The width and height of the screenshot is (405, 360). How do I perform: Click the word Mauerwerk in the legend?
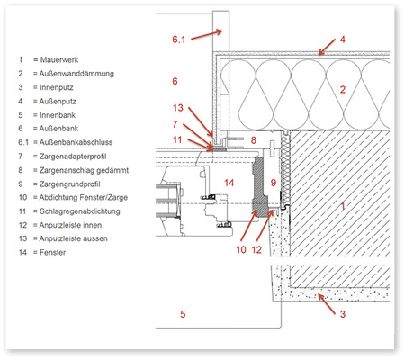click(x=59, y=59)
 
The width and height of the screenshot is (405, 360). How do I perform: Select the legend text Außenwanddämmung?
click(x=76, y=74)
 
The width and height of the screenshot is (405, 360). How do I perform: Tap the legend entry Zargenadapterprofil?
click(x=73, y=157)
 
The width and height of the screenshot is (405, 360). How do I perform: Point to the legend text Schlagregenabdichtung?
click(x=80, y=211)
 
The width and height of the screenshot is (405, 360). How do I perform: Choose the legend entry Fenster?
click(x=52, y=252)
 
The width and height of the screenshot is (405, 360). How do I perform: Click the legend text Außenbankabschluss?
click(x=76, y=142)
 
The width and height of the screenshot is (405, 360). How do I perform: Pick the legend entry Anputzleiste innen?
click(x=70, y=225)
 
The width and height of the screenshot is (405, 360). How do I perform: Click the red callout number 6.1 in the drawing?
click(x=178, y=40)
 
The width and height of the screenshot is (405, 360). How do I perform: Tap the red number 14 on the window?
click(x=229, y=183)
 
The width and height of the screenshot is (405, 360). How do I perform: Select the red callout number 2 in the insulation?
click(x=343, y=89)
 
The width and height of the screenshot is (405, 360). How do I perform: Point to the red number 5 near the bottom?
click(x=183, y=314)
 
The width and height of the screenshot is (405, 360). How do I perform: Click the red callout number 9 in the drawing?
click(x=274, y=183)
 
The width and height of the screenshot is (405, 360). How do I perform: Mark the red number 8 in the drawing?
click(x=254, y=139)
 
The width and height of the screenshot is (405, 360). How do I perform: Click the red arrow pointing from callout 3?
click(x=327, y=304)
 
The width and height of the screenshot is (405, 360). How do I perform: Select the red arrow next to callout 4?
click(x=327, y=47)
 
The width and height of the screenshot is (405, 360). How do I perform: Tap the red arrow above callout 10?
click(x=248, y=227)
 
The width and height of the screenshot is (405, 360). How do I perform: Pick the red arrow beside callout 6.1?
click(x=207, y=34)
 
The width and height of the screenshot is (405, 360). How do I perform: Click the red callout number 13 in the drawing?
click(x=178, y=108)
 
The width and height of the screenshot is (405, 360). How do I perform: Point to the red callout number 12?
click(x=256, y=249)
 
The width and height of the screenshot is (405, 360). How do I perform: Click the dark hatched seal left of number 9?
click(x=260, y=186)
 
